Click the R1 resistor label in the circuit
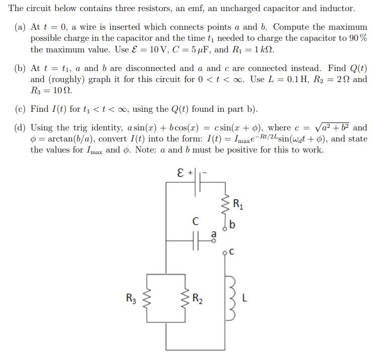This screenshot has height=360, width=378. pos(237,204)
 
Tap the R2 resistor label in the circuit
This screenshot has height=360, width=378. pos(198,299)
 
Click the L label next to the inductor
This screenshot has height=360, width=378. pos(244,299)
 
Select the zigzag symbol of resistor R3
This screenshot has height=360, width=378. pos(147,299)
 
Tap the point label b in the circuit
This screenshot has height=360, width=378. pos(232,225)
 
